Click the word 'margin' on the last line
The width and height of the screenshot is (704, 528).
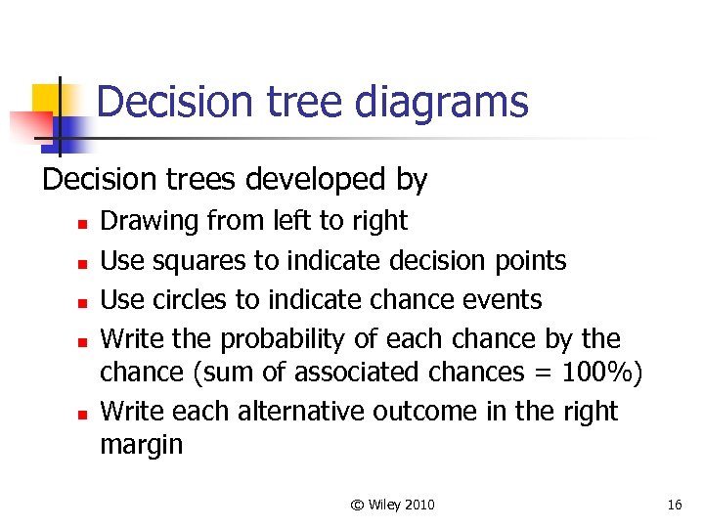[141, 445]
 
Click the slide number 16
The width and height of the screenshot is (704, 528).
[674, 505]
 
